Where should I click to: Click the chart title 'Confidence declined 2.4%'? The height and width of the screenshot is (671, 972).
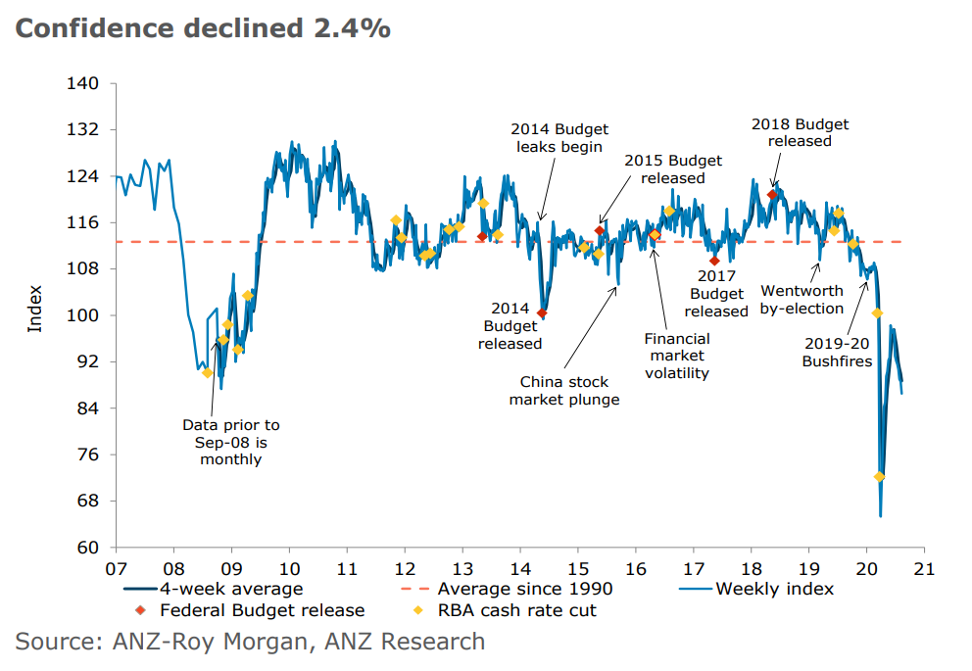pos(203,28)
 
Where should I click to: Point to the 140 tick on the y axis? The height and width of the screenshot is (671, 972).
pos(83,83)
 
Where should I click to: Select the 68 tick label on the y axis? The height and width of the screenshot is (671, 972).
pos(87,501)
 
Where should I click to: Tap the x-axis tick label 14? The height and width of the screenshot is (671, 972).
pos(520,567)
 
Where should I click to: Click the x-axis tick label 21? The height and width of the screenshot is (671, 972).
pos(925,567)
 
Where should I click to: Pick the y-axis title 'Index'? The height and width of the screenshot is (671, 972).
pos(35,308)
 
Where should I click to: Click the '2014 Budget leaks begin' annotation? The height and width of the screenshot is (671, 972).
pos(559,138)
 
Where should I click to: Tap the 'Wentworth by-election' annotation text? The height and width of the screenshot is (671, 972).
pos(802,300)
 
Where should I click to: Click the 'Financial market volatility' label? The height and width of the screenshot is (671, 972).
pos(676,356)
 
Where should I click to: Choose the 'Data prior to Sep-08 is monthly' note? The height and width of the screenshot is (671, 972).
pos(231,442)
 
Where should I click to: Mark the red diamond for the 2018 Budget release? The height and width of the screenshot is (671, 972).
pos(772,195)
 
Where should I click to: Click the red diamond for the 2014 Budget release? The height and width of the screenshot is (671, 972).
pos(542,313)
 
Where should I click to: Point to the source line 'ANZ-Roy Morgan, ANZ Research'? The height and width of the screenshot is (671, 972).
pos(250,642)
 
